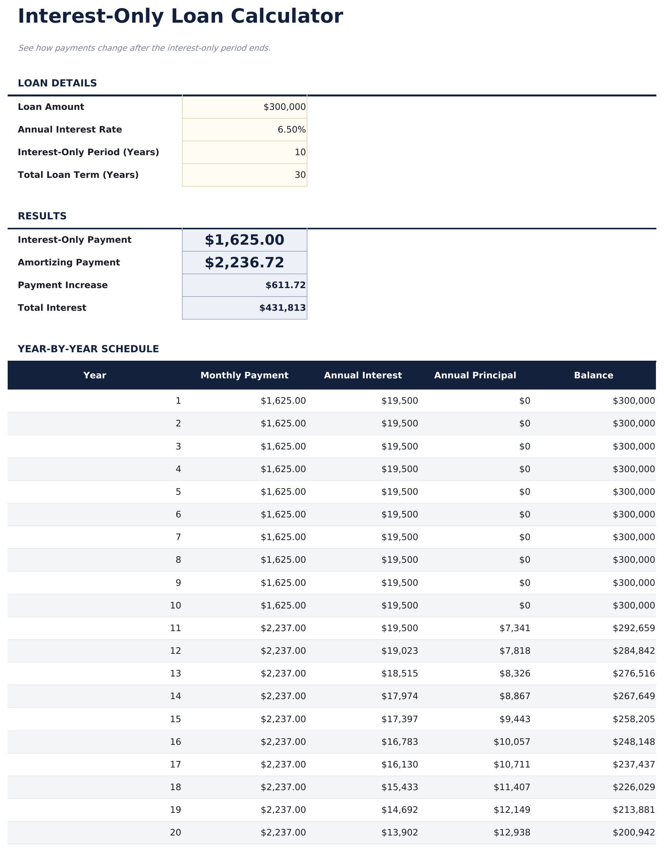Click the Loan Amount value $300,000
pyautogui.click(x=284, y=107)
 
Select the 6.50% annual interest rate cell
pyautogui.click(x=291, y=129)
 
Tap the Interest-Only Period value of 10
pyautogui.click(x=300, y=152)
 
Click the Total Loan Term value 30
pyautogui.click(x=300, y=175)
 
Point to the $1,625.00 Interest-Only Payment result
pyautogui.click(x=244, y=240)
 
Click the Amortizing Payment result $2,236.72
pyautogui.click(x=244, y=262)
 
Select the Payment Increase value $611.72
pyautogui.click(x=285, y=285)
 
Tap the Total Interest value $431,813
pyautogui.click(x=282, y=308)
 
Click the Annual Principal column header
pyautogui.click(x=475, y=375)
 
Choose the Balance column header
pyautogui.click(x=593, y=375)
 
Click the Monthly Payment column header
pyautogui.click(x=244, y=375)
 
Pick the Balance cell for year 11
pyautogui.click(x=634, y=628)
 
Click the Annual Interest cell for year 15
pyautogui.click(x=400, y=719)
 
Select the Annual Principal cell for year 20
pyautogui.click(x=512, y=832)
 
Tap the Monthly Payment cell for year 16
pyautogui.click(x=283, y=742)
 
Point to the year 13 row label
pyautogui.click(x=175, y=673)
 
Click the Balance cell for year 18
pyautogui.click(x=634, y=787)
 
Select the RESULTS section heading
pyautogui.click(x=42, y=216)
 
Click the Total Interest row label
pyautogui.click(x=52, y=308)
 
